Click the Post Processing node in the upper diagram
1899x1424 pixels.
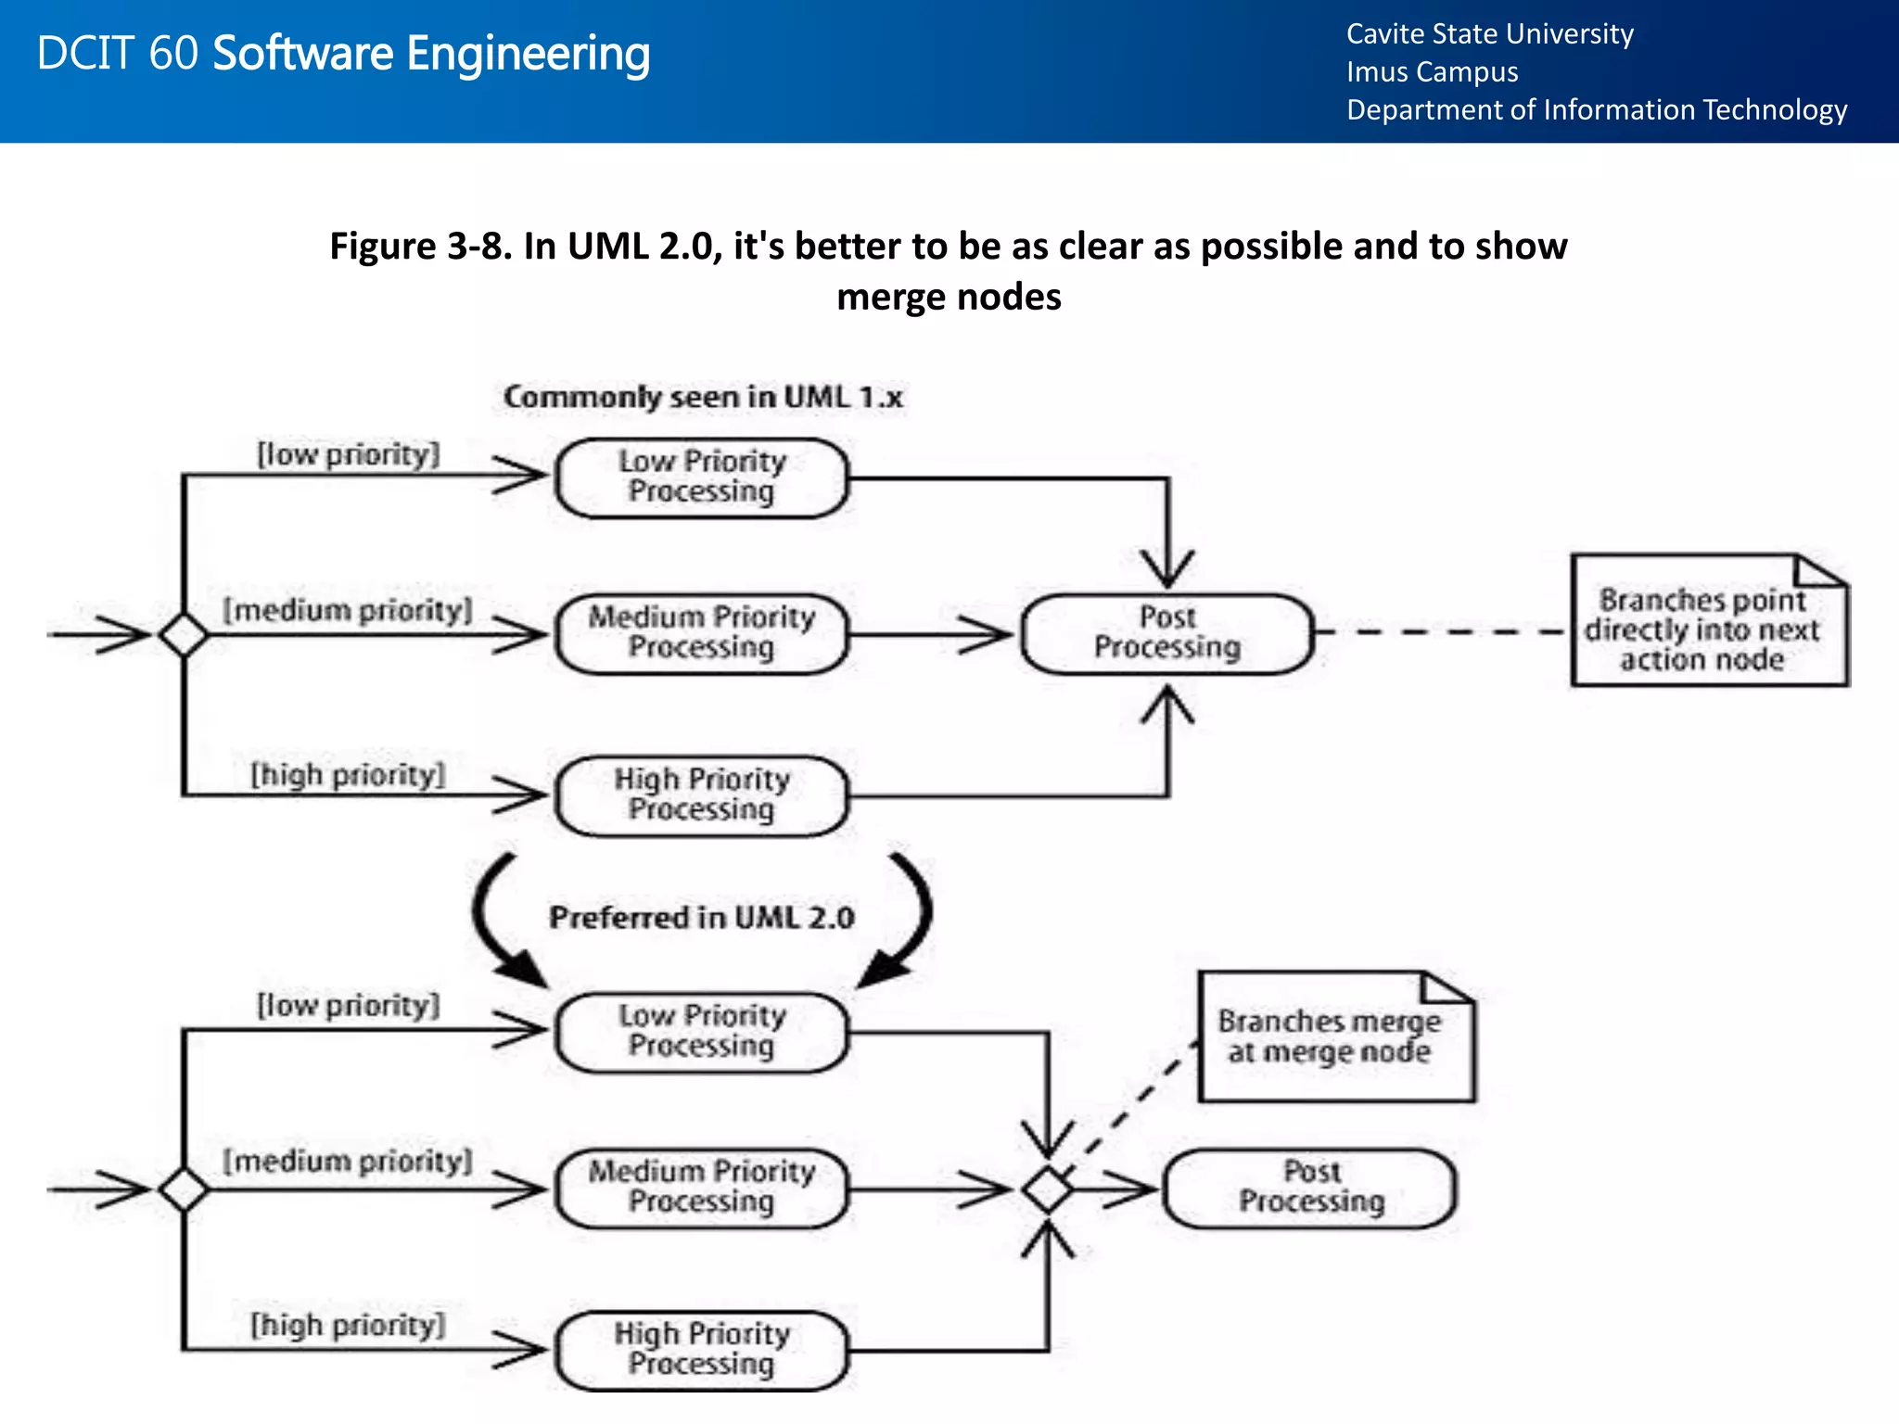[1167, 633]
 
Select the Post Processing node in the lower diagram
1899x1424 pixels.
[1310, 1188]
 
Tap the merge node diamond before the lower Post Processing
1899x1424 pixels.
[1048, 1189]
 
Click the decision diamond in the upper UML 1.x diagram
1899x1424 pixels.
[184, 635]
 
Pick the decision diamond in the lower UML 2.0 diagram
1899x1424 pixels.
[184, 1189]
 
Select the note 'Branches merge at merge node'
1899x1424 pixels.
[1334, 1037]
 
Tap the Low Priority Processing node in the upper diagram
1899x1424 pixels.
[702, 477]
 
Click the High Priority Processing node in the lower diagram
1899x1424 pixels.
[702, 1349]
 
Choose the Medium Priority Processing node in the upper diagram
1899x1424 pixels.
[702, 633]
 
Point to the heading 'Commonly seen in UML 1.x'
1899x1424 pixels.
[703, 398]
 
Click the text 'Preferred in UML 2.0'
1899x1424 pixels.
[702, 918]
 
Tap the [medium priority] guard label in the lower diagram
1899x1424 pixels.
[348, 1162]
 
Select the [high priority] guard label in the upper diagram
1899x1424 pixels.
[348, 775]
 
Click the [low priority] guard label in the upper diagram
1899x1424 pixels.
[348, 455]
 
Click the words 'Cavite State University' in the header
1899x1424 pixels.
[1489, 34]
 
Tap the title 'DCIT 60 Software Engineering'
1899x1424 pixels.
[343, 54]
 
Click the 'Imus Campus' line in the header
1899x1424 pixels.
[1432, 72]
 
